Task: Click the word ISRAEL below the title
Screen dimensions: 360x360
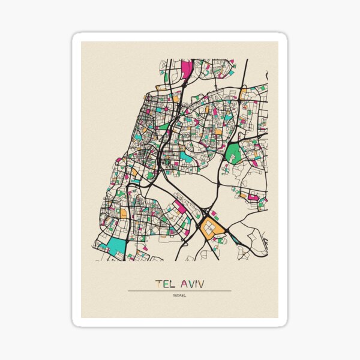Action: [179, 295]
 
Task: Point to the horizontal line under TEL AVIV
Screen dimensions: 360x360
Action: [179, 291]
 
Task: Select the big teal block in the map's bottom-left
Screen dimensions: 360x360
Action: [118, 245]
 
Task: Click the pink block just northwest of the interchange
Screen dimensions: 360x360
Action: [179, 208]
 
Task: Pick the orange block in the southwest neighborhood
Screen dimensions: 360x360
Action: [123, 212]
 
